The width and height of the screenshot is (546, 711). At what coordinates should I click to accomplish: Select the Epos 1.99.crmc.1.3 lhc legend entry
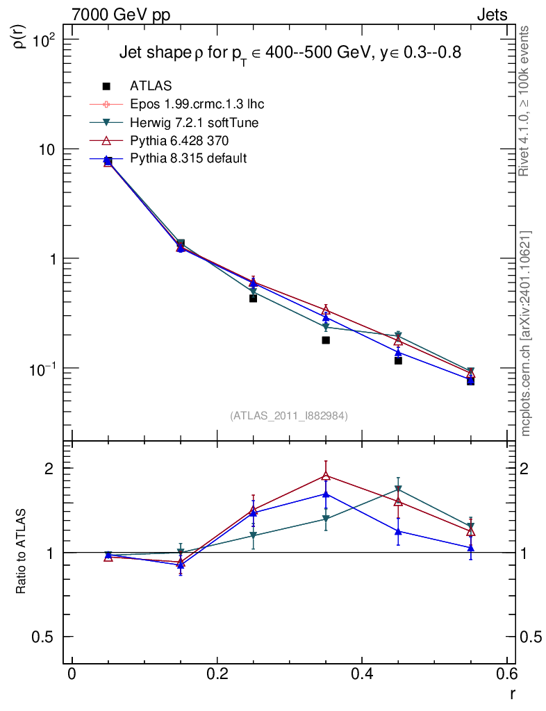point(197,104)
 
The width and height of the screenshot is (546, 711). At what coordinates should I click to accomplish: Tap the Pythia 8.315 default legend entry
point(188,159)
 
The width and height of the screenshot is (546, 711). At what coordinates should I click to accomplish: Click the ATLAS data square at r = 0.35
point(326,340)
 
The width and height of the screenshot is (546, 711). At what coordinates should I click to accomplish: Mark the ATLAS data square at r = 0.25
point(253,298)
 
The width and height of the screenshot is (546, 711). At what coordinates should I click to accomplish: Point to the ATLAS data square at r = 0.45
point(398,360)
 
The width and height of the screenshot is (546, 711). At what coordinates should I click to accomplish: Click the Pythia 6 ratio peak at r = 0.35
point(326,476)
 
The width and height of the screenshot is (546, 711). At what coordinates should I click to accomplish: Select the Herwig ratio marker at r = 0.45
point(398,489)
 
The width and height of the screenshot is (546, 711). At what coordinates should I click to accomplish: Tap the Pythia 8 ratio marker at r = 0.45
point(398,531)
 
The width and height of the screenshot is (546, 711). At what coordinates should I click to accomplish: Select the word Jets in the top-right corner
point(491,15)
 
